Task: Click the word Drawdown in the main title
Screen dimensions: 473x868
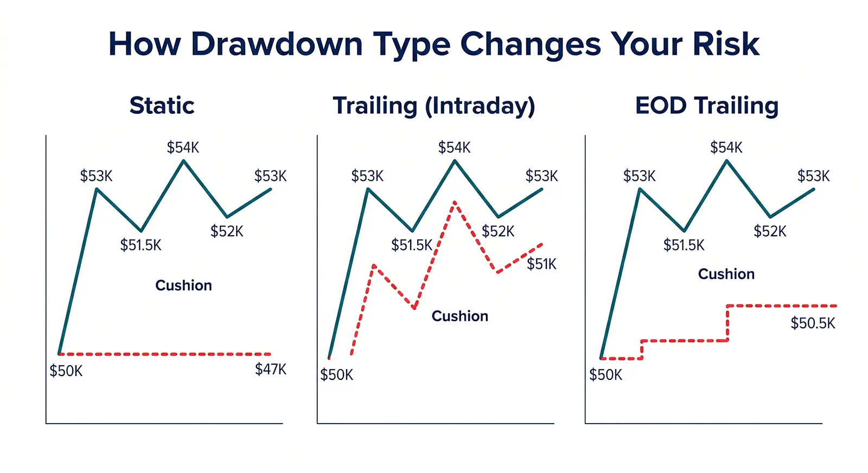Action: coord(277,44)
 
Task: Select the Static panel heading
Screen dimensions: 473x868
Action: coord(162,106)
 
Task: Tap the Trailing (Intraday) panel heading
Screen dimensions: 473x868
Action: coord(433,106)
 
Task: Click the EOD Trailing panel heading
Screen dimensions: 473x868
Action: coord(706,106)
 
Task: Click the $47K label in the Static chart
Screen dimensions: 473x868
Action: coord(270,370)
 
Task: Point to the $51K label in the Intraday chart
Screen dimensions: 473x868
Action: coord(541,264)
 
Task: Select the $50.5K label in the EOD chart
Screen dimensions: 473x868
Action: coord(812,323)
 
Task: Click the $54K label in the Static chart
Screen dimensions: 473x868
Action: coord(183,147)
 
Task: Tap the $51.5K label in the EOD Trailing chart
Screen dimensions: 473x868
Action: coord(684,245)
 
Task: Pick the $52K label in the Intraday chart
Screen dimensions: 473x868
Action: coord(497,231)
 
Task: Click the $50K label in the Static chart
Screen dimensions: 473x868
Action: coord(66,371)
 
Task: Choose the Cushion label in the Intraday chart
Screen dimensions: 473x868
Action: coord(459,316)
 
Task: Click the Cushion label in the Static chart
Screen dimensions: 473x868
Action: coord(183,286)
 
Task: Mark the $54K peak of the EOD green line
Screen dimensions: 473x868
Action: coord(726,161)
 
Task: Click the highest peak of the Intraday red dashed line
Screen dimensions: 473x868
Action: coord(454,202)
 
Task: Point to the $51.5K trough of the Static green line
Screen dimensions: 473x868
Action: coord(141,231)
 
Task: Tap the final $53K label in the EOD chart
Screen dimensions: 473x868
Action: coord(813,176)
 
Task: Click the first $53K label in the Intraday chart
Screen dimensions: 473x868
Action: coord(367,176)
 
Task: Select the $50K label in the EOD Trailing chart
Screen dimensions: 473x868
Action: coord(605,375)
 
